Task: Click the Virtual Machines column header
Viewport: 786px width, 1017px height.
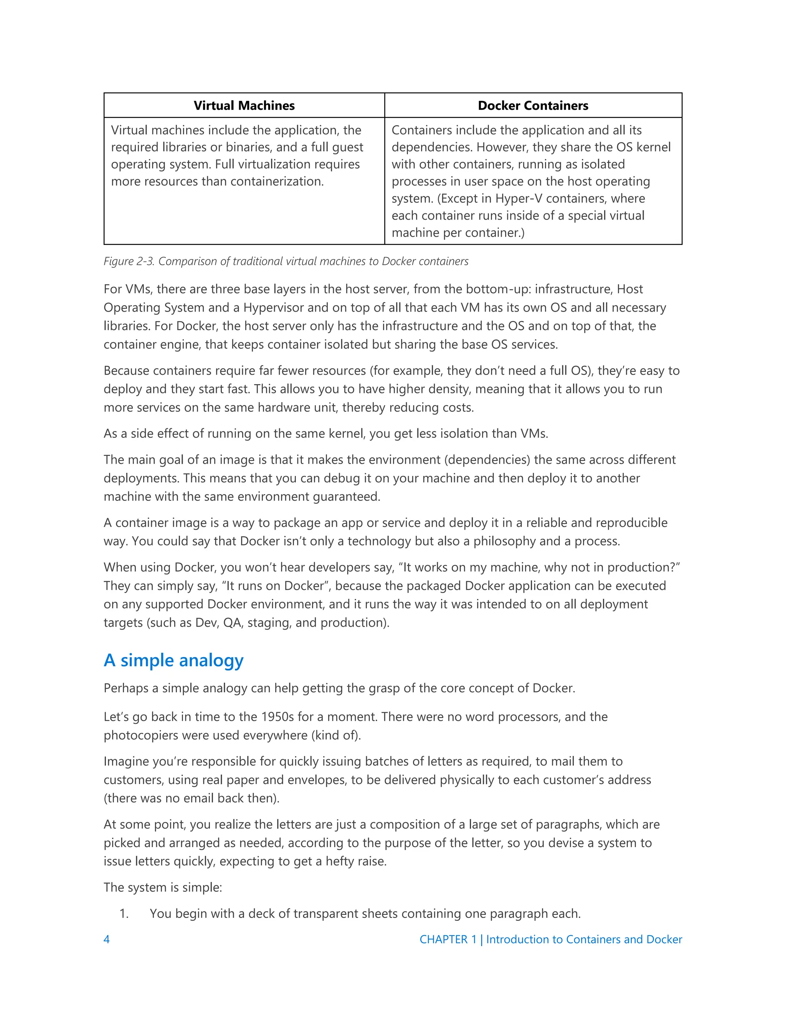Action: [244, 106]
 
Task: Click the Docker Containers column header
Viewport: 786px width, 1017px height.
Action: [533, 106]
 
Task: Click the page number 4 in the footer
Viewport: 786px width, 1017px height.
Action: [107, 939]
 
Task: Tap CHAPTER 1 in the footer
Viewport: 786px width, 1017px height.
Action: [448, 939]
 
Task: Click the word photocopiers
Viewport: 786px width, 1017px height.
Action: [139, 735]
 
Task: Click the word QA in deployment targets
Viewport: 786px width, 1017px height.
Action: [232, 622]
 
